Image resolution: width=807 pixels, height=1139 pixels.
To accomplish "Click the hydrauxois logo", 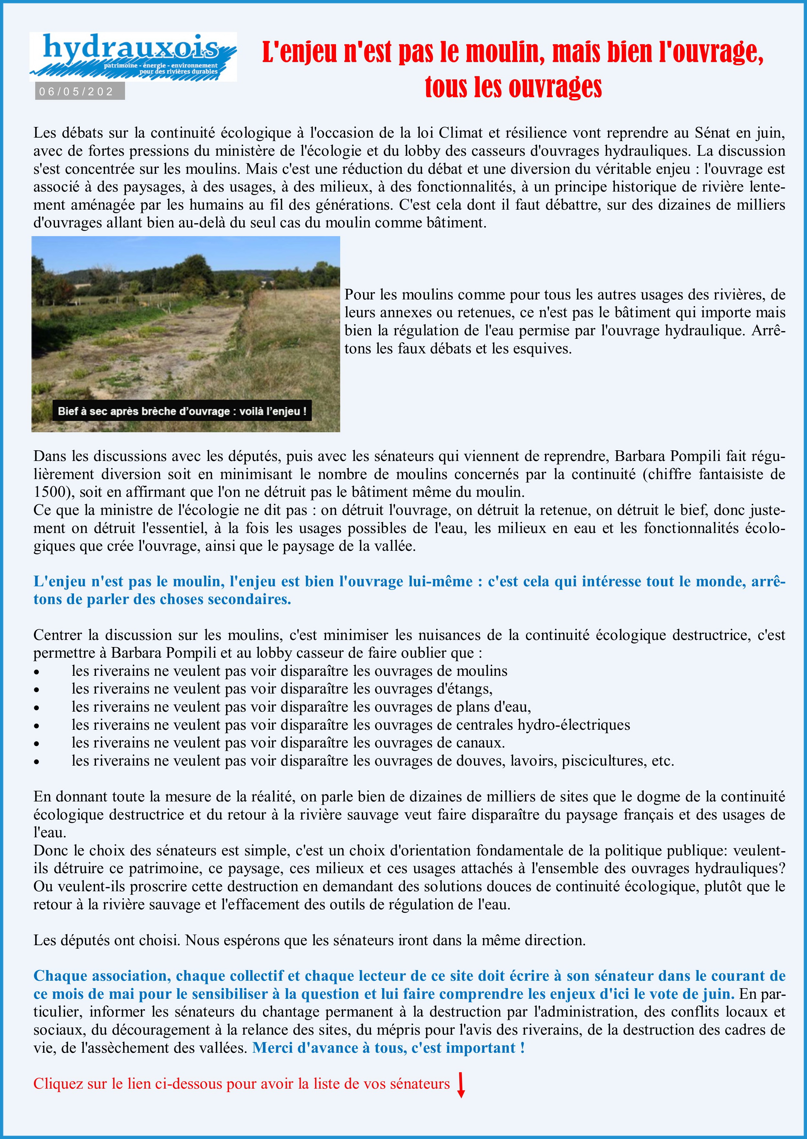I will (133, 56).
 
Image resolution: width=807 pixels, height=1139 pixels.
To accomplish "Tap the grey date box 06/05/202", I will (79, 92).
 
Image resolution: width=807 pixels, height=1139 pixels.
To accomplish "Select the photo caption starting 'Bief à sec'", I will (182, 411).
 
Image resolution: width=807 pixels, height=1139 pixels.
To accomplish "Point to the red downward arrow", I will (461, 1085).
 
